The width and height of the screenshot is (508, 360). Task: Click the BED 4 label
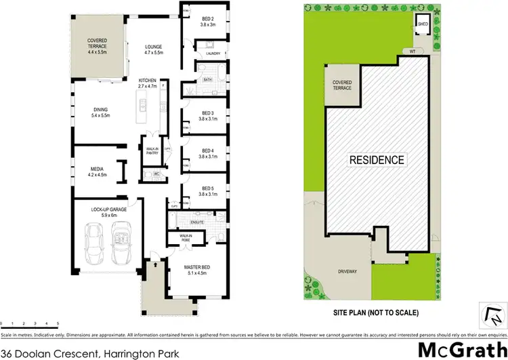point(208,153)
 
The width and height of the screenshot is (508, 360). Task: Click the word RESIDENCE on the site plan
point(377,161)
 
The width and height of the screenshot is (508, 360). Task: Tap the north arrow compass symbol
point(493,314)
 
